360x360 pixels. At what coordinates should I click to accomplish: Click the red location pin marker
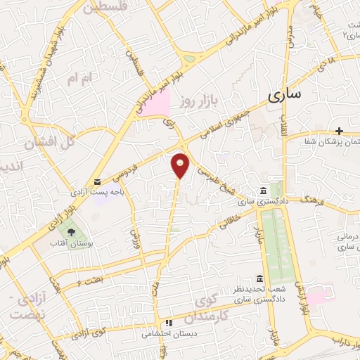[181, 164]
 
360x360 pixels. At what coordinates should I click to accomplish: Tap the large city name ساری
[288, 94]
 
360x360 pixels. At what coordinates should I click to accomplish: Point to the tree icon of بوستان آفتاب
[70, 231]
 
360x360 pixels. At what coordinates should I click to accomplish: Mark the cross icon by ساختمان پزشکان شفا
[340, 131]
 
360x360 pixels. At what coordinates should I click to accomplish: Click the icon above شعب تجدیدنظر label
[259, 278]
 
